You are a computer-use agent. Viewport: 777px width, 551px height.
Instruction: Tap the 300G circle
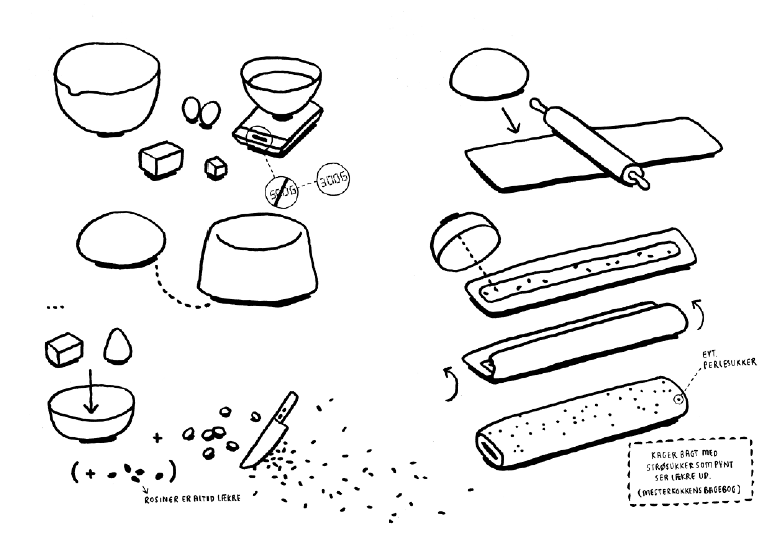coord(333,179)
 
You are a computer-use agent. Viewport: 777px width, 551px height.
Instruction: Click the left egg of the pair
coord(191,108)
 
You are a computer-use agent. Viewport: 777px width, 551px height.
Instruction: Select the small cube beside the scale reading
coord(216,168)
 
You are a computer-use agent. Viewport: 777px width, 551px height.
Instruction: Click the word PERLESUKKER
coord(730,363)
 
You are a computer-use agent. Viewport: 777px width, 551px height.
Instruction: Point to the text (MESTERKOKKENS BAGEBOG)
coord(689,490)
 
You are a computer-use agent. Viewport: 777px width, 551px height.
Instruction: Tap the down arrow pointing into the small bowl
coord(90,391)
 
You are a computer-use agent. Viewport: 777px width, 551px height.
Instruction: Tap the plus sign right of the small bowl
coord(157,438)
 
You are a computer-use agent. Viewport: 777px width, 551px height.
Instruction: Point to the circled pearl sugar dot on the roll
coord(679,399)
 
